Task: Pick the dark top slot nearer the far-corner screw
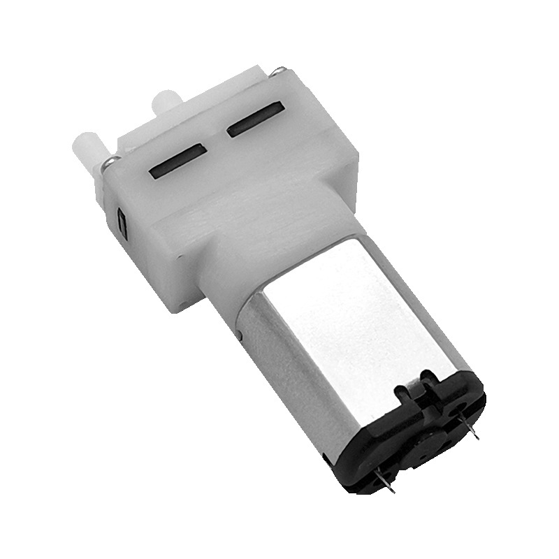tap(254, 119)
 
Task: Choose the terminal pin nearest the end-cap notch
tap(469, 426)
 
